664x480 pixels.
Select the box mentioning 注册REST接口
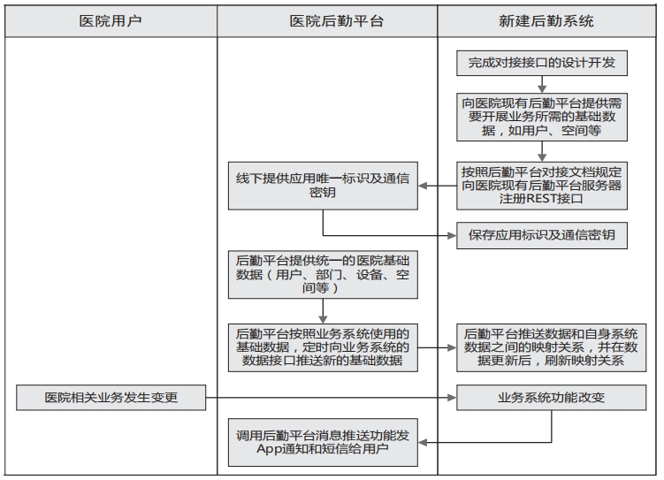click(542, 185)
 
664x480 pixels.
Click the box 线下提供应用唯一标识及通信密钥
click(322, 185)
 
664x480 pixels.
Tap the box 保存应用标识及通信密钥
click(542, 235)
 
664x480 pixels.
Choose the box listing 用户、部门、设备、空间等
click(322, 274)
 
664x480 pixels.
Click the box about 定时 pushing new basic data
click(322, 347)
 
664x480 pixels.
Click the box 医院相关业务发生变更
click(111, 398)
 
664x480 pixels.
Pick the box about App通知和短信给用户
click(322, 442)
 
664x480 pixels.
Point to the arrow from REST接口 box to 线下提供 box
click(437, 186)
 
